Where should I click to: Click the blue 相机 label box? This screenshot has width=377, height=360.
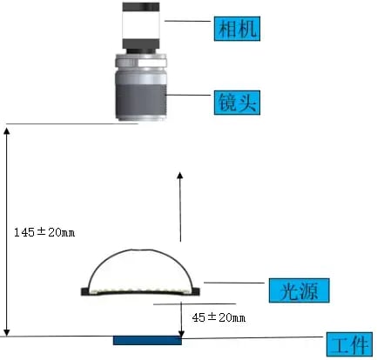click(237, 29)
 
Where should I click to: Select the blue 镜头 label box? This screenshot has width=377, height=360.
click(237, 103)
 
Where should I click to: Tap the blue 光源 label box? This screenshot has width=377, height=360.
click(299, 290)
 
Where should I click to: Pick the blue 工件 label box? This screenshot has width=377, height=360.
click(349, 344)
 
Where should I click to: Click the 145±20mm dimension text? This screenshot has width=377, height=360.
click(44, 232)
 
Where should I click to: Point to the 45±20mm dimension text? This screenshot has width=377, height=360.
click(219, 317)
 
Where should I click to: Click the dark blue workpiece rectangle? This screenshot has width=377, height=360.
click(147, 341)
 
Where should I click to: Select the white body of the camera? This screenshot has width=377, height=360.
click(141, 25)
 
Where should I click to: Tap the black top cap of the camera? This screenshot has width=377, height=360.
click(141, 7)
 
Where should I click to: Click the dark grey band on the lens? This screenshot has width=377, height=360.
click(141, 100)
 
